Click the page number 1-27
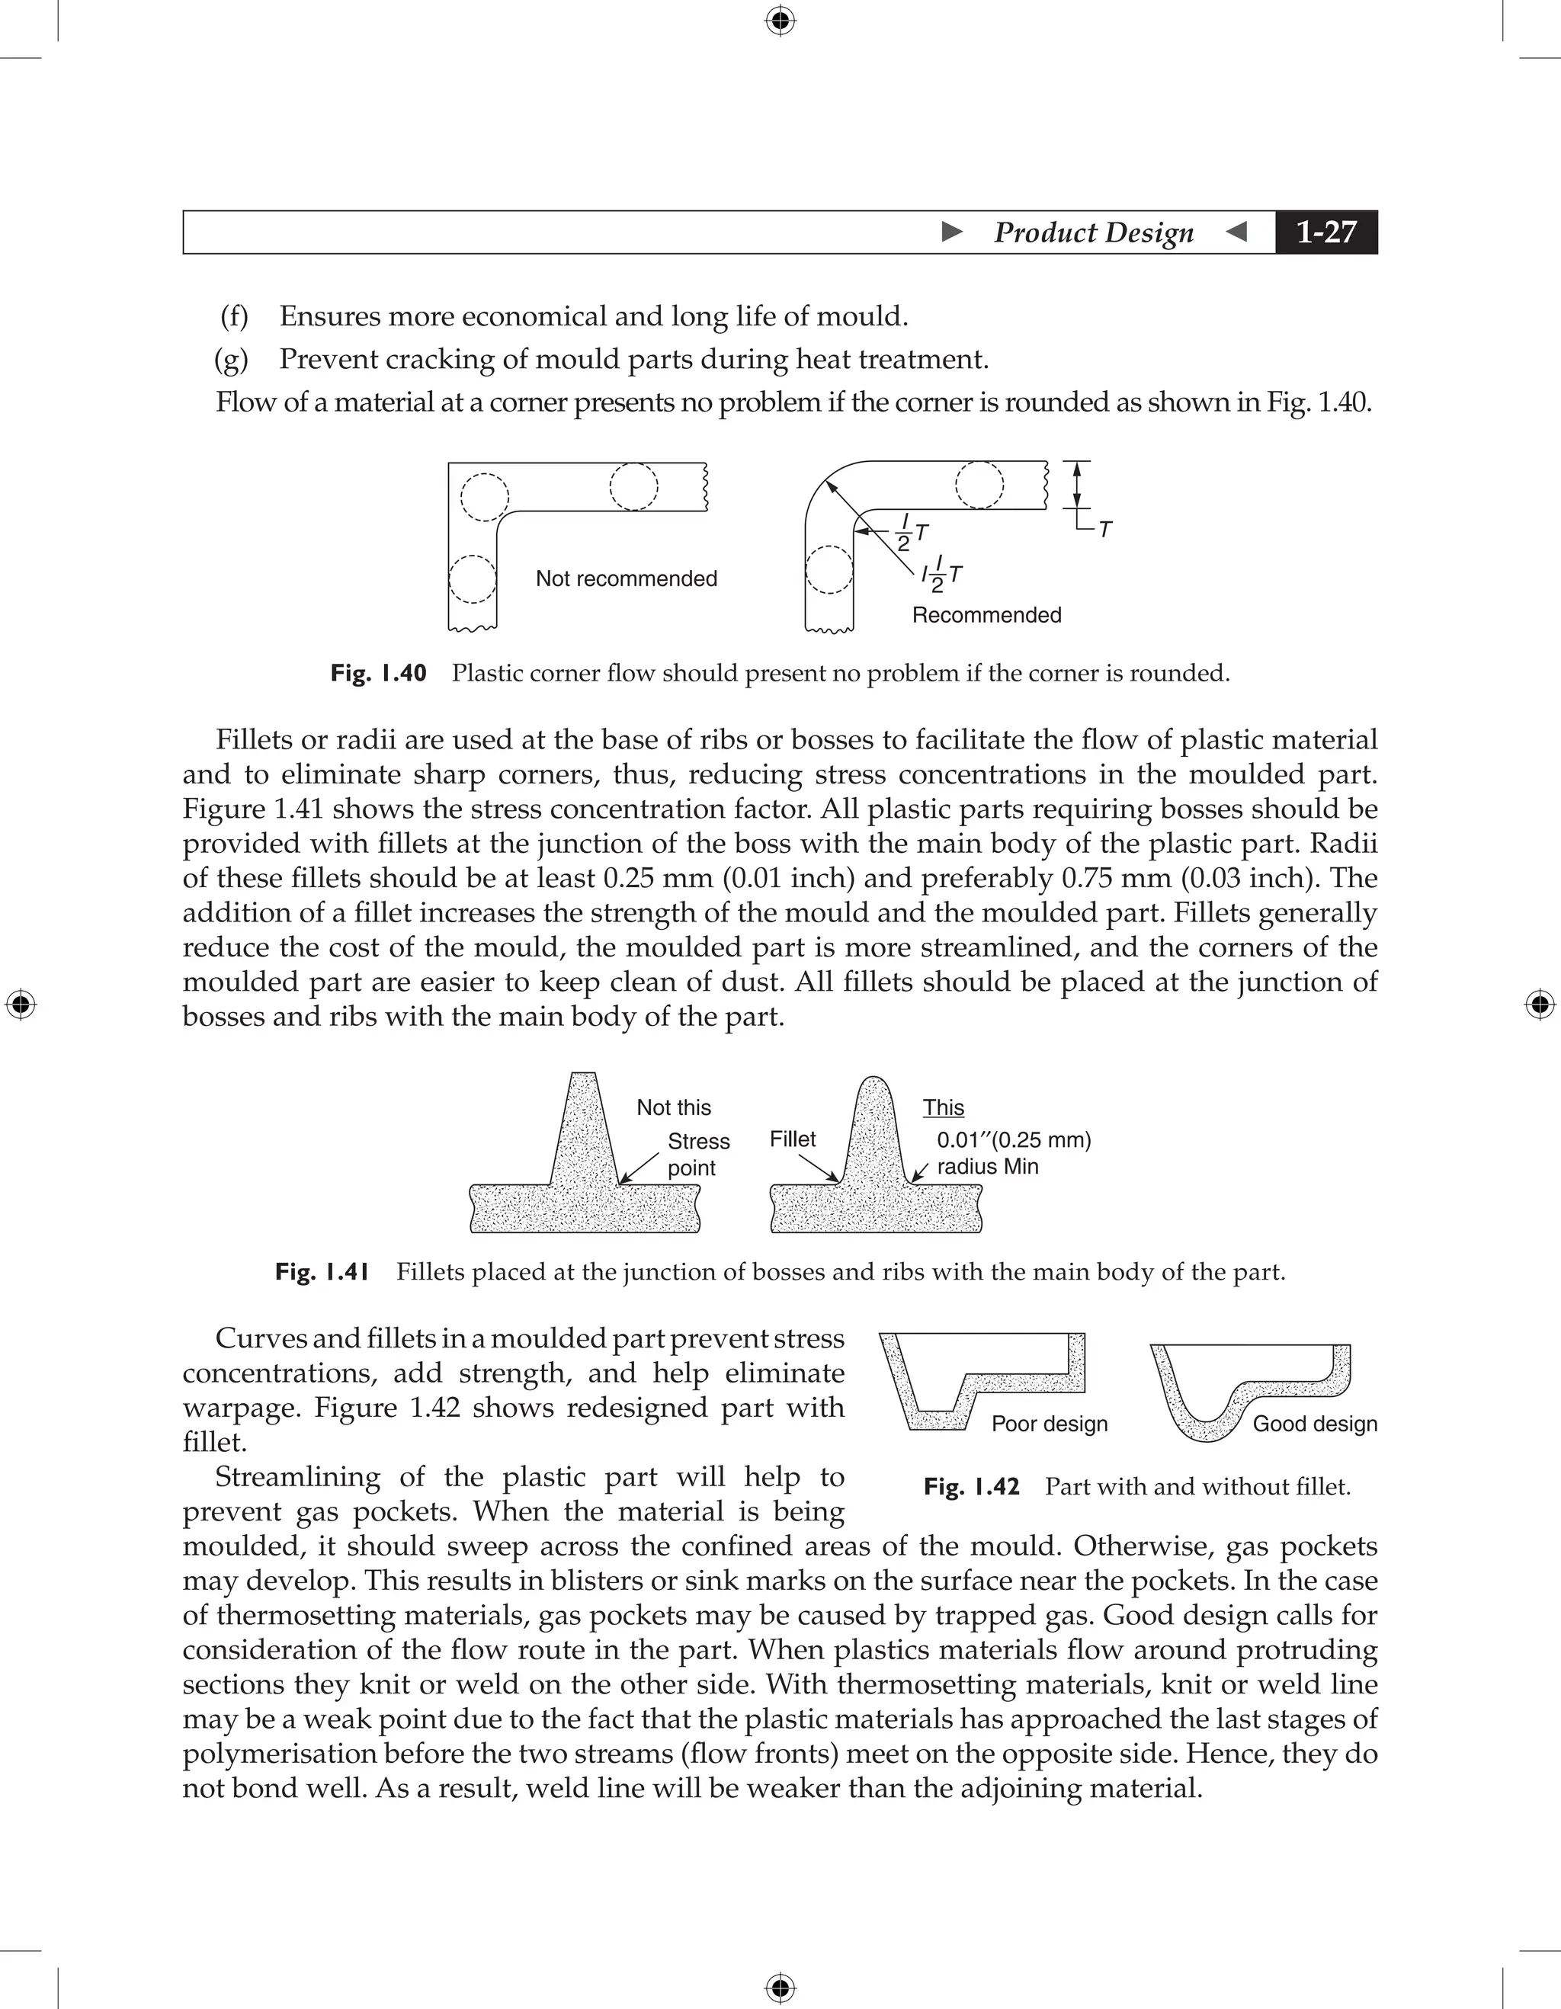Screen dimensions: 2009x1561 click(1325, 232)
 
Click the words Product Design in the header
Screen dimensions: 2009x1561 click(1093, 232)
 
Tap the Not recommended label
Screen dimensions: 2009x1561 click(626, 578)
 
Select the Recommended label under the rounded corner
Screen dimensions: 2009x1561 click(986, 614)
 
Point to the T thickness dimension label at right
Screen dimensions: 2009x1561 click(1106, 530)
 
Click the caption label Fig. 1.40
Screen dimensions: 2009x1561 click(378, 673)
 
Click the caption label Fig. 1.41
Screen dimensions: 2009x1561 click(322, 1272)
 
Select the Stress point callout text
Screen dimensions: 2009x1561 click(697, 1155)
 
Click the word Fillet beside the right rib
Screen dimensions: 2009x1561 click(792, 1139)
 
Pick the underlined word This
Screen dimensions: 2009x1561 click(943, 1107)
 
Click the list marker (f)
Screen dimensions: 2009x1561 click(234, 316)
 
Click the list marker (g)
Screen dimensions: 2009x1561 click(231, 360)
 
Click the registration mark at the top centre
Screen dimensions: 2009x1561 click(780, 21)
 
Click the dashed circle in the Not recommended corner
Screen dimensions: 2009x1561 click(484, 498)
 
